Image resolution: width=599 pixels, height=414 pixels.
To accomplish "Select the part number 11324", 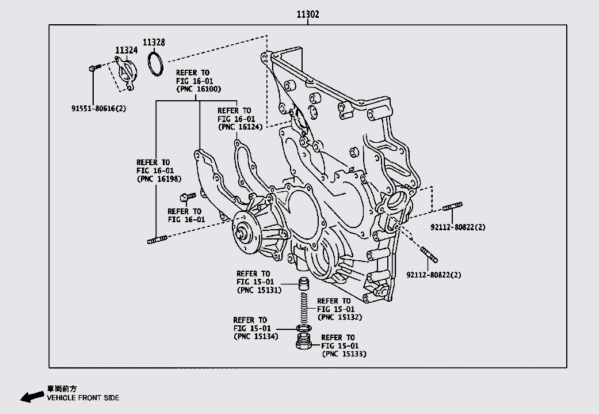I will click(126, 51).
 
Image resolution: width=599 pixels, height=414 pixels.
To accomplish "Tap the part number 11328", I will click(154, 43).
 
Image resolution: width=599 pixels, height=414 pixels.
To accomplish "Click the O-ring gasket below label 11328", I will click(156, 64).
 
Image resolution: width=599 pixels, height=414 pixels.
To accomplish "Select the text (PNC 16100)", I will click(198, 89).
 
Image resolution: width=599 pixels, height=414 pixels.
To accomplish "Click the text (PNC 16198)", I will click(159, 178).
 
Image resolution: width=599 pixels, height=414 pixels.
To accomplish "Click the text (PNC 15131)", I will click(258, 290).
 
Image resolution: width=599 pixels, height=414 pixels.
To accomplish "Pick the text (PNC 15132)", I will click(339, 317).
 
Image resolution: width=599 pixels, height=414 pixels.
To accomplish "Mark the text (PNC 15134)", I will click(255, 336).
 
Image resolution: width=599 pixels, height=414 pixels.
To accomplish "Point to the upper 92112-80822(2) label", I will click(458, 227).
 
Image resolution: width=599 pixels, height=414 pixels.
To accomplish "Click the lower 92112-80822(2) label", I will click(434, 275).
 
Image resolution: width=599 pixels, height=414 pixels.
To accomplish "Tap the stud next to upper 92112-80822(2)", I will click(453, 207).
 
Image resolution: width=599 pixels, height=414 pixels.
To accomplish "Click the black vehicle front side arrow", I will click(31, 396).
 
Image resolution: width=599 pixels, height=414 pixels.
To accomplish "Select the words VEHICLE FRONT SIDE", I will click(83, 398).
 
